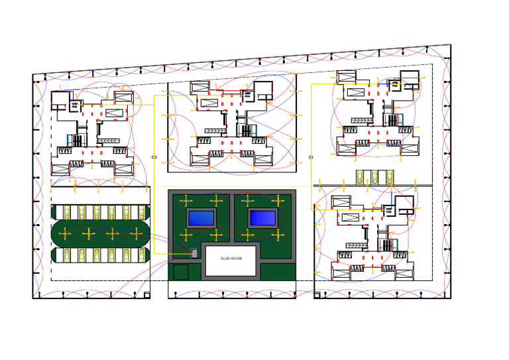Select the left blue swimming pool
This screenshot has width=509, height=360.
(x=201, y=217)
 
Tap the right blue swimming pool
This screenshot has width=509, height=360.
(x=262, y=217)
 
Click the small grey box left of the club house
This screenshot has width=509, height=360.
(x=194, y=253)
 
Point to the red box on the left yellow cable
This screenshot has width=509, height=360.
(x=154, y=157)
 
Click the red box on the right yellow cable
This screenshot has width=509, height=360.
(x=311, y=157)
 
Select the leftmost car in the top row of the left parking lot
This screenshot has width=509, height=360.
(x=66, y=212)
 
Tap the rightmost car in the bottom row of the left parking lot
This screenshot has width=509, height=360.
(x=140, y=255)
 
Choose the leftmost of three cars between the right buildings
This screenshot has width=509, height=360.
(x=361, y=177)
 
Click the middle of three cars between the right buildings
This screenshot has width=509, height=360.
(x=374, y=177)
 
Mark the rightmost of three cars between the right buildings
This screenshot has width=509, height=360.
(x=388, y=177)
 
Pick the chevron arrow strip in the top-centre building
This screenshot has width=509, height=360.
(x=216, y=131)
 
